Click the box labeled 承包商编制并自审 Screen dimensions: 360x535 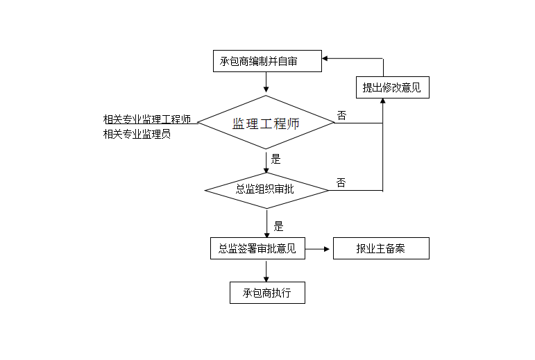click(x=267, y=61)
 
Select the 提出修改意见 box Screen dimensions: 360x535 click(x=391, y=87)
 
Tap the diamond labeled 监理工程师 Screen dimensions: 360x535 click(x=266, y=123)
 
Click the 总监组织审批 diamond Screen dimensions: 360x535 click(x=266, y=189)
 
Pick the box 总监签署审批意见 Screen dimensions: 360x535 click(x=257, y=248)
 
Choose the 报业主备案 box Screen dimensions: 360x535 click(x=380, y=248)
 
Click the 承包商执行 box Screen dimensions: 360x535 click(x=267, y=293)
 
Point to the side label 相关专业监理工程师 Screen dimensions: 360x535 click(x=146, y=119)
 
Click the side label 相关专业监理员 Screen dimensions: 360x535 click(x=137, y=135)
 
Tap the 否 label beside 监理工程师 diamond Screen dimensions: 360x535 click(x=341, y=115)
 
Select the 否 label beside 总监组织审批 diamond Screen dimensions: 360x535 click(x=341, y=182)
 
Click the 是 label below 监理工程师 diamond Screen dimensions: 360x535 click(x=275, y=159)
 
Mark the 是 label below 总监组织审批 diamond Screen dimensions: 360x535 click(x=278, y=225)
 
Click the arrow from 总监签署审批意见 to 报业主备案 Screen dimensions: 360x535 click(x=319, y=248)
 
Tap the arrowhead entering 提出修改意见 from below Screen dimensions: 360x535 click(x=383, y=102)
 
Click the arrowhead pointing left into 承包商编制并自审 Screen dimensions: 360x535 click(x=327, y=59)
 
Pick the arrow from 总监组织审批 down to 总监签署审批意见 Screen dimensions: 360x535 click(x=266, y=223)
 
